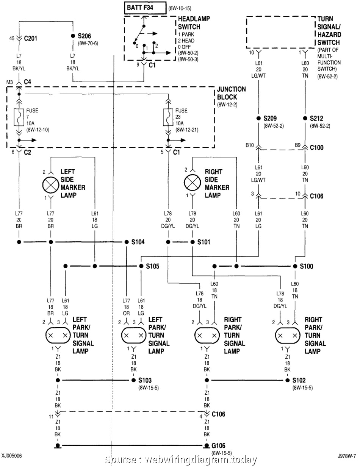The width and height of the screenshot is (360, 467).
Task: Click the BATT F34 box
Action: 145,8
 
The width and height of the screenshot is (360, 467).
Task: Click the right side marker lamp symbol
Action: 192,184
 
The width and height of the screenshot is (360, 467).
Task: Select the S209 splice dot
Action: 258,118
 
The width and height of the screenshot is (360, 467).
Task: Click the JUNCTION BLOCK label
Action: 231,93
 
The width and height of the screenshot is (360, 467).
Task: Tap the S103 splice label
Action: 145,380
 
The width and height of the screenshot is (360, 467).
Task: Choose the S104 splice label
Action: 138,242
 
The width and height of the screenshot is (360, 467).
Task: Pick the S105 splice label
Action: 152,266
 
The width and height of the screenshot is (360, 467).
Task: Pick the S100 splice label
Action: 307,266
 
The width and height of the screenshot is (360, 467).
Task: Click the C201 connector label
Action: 31,38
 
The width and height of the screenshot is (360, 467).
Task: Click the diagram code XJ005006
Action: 11,456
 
